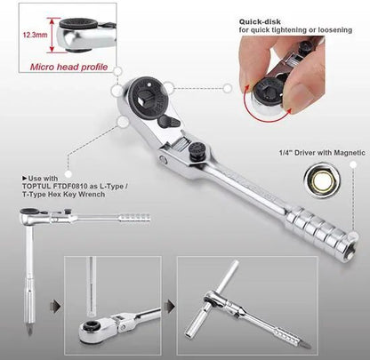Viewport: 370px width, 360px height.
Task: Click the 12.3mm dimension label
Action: [36, 35]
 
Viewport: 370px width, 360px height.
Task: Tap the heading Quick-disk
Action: [260, 21]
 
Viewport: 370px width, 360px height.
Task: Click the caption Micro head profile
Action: [68, 67]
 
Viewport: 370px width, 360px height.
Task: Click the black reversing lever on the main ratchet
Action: [169, 122]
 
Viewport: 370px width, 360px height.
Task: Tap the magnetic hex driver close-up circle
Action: [322, 180]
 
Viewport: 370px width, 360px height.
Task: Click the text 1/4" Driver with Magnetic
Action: [322, 153]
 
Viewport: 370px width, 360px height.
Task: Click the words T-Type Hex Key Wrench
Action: [64, 195]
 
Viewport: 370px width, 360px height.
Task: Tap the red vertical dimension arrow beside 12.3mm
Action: [52, 35]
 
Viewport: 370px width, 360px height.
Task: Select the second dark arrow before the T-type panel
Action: [171, 305]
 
